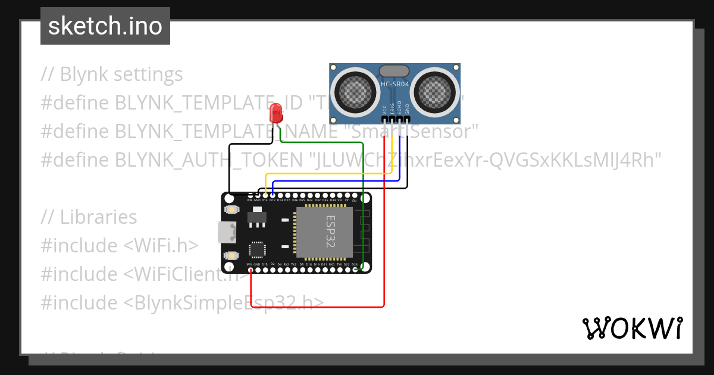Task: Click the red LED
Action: tap(276, 112)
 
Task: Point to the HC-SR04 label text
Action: tap(394, 85)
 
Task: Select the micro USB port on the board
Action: tap(225, 232)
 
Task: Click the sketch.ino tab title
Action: tap(105, 26)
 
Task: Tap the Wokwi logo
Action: tap(632, 328)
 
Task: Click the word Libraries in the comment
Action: tap(98, 217)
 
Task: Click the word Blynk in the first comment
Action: tap(84, 74)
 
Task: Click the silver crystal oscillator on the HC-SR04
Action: tap(394, 71)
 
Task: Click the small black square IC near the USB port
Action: tap(257, 249)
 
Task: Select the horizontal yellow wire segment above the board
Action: tap(327, 174)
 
